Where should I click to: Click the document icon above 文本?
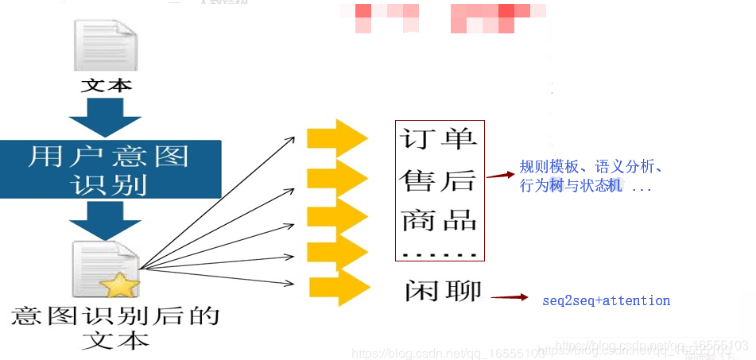[x=105, y=45]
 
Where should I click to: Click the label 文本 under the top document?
[x=106, y=84]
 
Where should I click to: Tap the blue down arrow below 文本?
[x=106, y=116]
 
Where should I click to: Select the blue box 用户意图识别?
[x=109, y=169]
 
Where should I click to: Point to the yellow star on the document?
[x=120, y=284]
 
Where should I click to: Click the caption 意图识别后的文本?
[x=115, y=327]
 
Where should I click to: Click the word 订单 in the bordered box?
[x=438, y=139]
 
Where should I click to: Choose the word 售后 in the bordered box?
[x=438, y=180]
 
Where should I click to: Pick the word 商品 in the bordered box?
[x=439, y=220]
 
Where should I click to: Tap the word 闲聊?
[x=442, y=291]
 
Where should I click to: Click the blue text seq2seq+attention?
[x=606, y=300]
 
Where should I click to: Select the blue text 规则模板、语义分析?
[x=591, y=167]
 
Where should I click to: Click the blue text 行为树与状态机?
[x=572, y=186]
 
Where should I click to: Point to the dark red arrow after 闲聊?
[x=510, y=298]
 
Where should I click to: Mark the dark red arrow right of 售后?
[x=498, y=174]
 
